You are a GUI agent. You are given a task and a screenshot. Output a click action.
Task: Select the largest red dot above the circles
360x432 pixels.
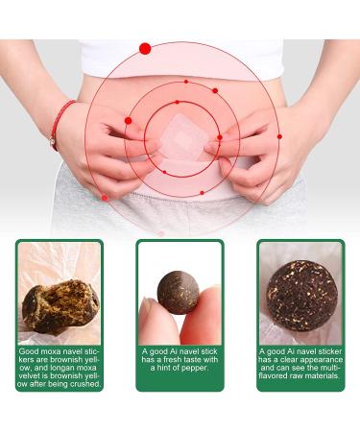pyautogui.click(x=145, y=48)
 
